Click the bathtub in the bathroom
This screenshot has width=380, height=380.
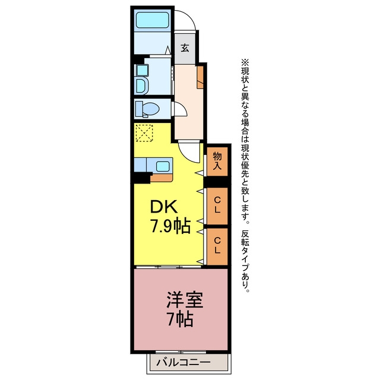[x=153, y=20]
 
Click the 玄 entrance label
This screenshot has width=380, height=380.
[x=185, y=48]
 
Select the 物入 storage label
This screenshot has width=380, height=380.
[x=217, y=161]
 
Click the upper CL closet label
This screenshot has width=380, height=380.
[x=217, y=205]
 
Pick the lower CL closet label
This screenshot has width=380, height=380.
[x=217, y=245]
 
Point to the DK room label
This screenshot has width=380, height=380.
[x=163, y=207]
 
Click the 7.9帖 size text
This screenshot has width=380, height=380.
[x=170, y=226]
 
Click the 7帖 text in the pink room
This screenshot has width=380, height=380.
[x=180, y=319]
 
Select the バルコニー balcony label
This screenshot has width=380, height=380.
[x=183, y=363]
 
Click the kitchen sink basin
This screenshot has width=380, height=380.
[x=163, y=166]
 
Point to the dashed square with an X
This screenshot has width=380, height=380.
[x=144, y=133]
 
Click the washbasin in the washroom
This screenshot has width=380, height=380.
[x=141, y=85]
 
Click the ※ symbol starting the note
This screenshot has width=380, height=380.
[x=245, y=63]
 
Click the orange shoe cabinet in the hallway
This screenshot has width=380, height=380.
[x=200, y=77]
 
